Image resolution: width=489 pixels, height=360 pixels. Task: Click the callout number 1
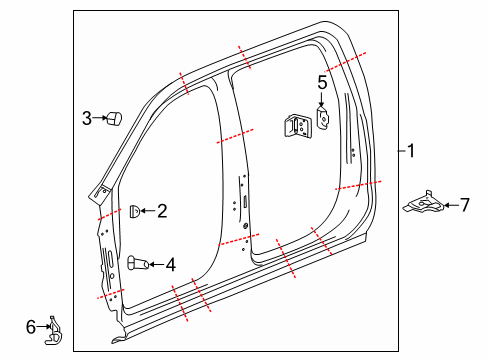[410, 151]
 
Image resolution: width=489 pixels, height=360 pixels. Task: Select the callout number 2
[162, 210]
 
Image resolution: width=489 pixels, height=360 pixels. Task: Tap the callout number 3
[87, 119]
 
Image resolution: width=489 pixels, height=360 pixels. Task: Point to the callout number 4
[170, 265]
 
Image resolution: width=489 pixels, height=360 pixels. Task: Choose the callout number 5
[322, 82]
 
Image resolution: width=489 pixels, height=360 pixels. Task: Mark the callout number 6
[30, 325]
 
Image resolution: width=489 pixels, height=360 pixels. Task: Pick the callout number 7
[463, 205]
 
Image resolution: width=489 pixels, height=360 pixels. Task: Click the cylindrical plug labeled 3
[113, 119]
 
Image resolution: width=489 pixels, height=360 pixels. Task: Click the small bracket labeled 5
[324, 117]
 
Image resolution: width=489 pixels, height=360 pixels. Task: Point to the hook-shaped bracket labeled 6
[53, 332]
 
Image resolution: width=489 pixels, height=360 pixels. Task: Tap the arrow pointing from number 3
[99, 119]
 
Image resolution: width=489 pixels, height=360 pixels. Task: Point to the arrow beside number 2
[147, 210]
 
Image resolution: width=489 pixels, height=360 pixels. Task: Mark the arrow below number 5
[322, 100]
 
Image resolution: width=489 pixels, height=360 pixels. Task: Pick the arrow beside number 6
[42, 326]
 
